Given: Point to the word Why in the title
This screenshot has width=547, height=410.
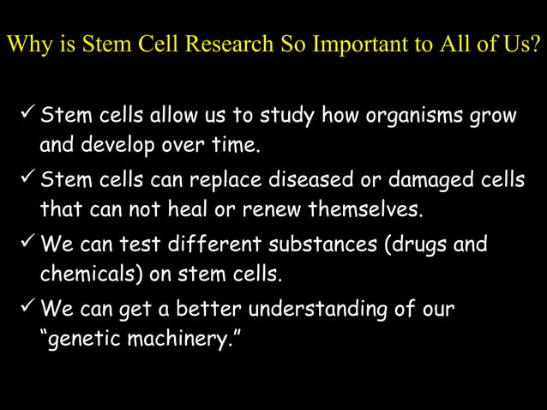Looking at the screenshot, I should click(24, 45).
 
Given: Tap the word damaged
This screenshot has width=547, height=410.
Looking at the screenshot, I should click(420, 181).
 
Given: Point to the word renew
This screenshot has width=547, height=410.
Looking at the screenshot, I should click(273, 209).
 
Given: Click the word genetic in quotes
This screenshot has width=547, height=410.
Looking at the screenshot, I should click(77, 340).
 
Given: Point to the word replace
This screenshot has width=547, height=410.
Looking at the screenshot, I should click(212, 182).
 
